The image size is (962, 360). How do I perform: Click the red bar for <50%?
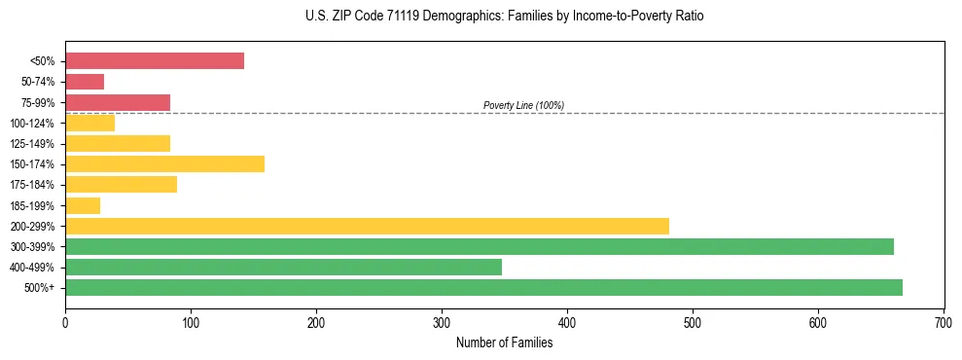[155, 61]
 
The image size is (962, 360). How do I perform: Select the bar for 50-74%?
[85, 82]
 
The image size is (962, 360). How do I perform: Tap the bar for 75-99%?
[118, 102]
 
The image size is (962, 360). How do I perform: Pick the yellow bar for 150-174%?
[164, 163]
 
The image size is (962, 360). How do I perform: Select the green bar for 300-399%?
[480, 246]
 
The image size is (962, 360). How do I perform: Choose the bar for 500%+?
[483, 287]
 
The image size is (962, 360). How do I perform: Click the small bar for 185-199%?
[83, 205]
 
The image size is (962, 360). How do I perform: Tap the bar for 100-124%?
[89, 123]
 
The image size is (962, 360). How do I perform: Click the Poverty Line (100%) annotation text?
[523, 105]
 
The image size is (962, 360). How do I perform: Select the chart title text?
[503, 17]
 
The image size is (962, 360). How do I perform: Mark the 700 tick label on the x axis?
[944, 320]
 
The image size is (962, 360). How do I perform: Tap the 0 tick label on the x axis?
[65, 320]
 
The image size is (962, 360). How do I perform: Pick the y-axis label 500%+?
[41, 288]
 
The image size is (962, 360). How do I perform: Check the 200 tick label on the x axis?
[316, 320]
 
